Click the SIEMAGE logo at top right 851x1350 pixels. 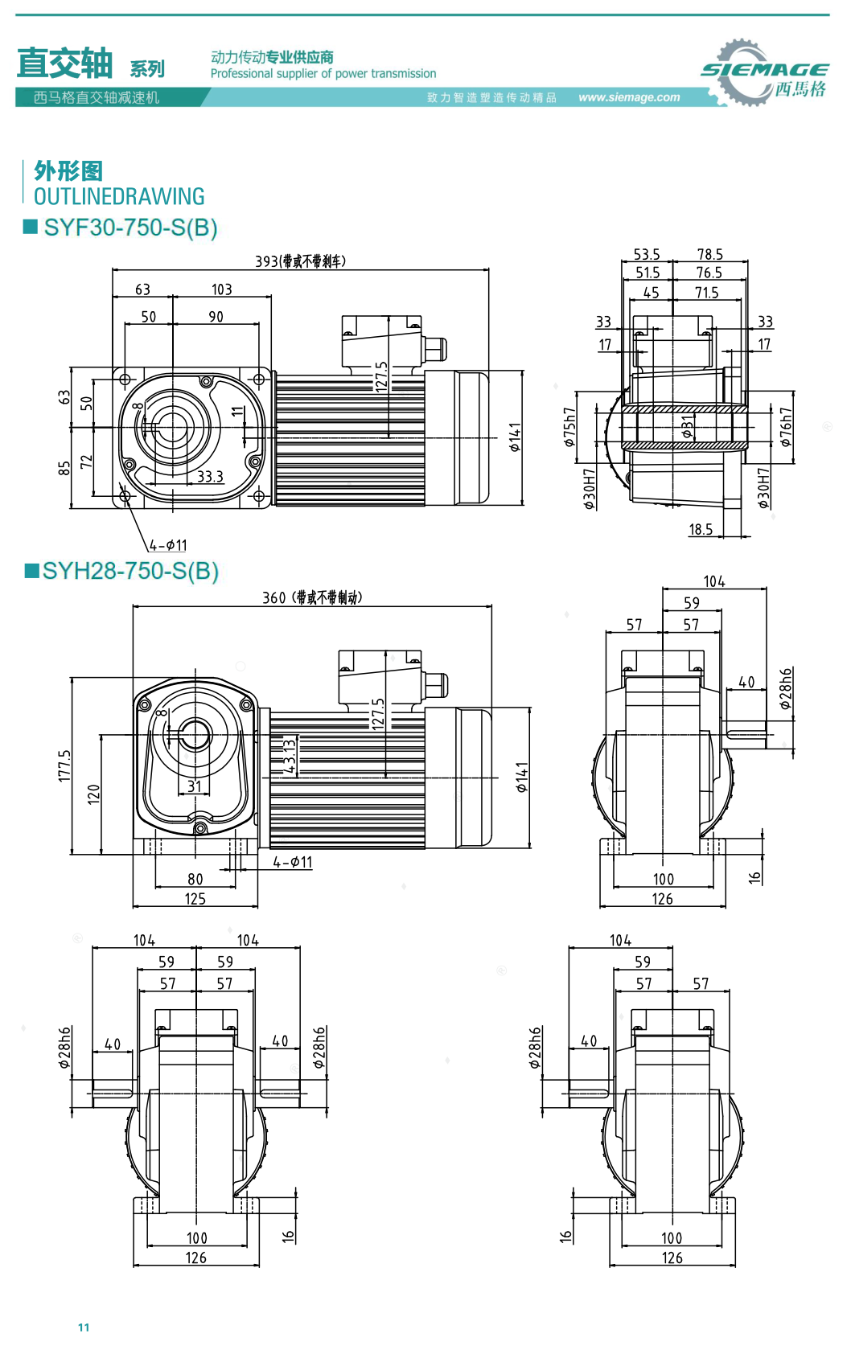[763, 73]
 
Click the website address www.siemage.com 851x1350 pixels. [629, 97]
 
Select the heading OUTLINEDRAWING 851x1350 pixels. [119, 196]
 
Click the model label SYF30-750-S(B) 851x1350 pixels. [130, 228]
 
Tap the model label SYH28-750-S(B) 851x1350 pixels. [130, 571]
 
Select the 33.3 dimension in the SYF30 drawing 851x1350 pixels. [210, 476]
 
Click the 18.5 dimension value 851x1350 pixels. [701, 529]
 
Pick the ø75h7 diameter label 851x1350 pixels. [569, 427]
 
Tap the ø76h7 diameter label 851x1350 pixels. [786, 427]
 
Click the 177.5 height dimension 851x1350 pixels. [64, 765]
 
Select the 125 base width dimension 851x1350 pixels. [195, 899]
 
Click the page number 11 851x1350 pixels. [84, 1327]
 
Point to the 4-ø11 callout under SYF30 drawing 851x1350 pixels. [168, 545]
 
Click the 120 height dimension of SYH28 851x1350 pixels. [93, 794]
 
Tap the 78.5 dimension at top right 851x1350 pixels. [709, 254]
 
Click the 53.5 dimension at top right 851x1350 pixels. [647, 254]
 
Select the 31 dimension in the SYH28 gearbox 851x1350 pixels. [195, 786]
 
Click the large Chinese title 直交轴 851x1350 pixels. [64, 63]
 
